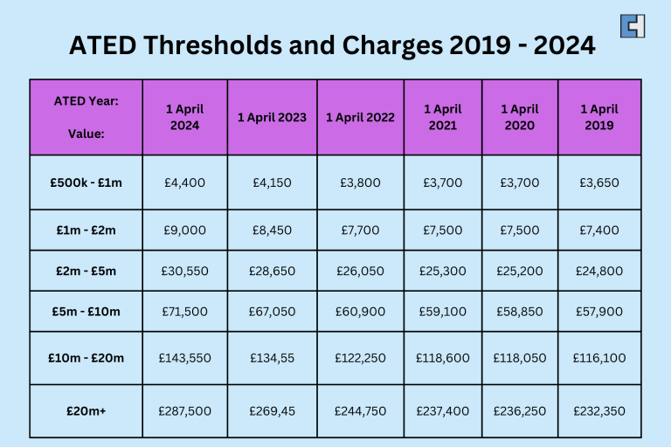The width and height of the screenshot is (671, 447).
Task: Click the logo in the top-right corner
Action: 633,26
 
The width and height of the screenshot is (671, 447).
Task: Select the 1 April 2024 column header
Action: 185,117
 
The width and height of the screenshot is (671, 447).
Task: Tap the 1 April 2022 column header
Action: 360,117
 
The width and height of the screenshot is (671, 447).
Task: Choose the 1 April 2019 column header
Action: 599,117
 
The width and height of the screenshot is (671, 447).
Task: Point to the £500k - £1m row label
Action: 86,182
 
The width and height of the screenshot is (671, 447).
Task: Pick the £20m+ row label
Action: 86,410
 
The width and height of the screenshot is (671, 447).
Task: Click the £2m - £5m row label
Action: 86,271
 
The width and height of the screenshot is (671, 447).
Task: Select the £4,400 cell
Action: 185,182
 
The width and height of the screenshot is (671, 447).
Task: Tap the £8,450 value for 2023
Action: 272,230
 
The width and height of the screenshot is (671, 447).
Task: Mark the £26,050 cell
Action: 360,271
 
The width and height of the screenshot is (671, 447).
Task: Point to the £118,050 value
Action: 519,358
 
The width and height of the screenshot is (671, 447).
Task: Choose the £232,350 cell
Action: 599,410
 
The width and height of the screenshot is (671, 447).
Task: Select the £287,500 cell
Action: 185,410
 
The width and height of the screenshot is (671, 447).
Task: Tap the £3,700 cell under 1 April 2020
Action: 519,182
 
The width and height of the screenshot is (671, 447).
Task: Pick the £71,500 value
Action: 185,311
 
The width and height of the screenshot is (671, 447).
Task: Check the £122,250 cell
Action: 360,358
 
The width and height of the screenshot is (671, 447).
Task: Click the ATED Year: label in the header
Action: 86,100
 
